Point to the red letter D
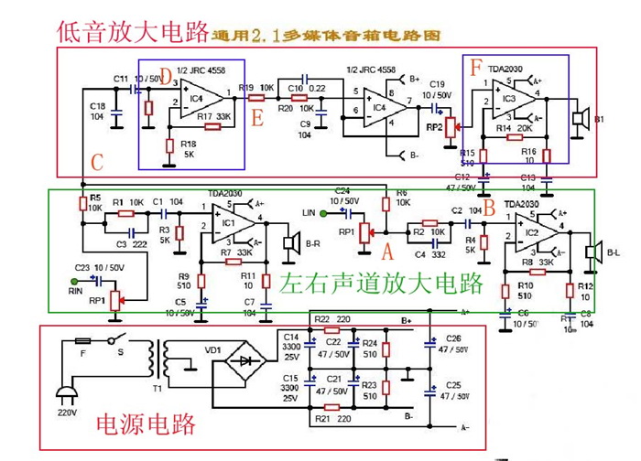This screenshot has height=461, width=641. [165, 75]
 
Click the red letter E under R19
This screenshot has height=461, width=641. [257, 118]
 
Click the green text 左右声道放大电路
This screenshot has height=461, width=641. [381, 283]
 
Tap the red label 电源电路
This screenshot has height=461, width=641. [147, 424]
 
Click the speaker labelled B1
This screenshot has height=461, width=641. [579, 118]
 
